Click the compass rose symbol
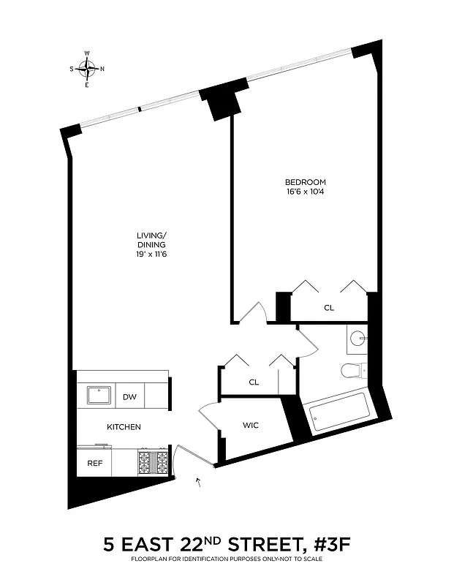[x=86, y=69]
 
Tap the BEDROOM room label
[x=305, y=182]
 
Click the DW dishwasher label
[x=129, y=397]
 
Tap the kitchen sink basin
[x=98, y=396]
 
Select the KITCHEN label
[x=124, y=427]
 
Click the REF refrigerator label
[x=95, y=462]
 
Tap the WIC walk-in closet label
[x=251, y=425]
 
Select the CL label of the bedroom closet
[x=329, y=308]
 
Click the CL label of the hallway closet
[x=254, y=382]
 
